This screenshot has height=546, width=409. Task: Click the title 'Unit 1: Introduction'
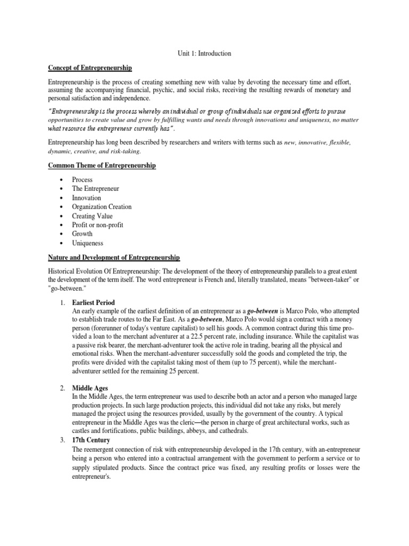pyautogui.click(x=204, y=53)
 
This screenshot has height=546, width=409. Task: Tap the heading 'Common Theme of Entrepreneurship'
pyautogui.click(x=102, y=166)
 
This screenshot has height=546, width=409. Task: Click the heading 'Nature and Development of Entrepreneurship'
pyautogui.click(x=114, y=258)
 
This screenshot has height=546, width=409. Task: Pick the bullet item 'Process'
pyautogui.click(x=83, y=180)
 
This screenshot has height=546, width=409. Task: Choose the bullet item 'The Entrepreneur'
pyautogui.click(x=95, y=189)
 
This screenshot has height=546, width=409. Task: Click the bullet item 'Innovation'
pyautogui.click(x=87, y=198)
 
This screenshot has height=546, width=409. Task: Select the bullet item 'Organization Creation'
pyautogui.click(x=102, y=207)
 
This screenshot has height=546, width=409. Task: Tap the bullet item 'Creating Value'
pyautogui.click(x=92, y=216)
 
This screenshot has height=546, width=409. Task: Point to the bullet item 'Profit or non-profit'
pyautogui.click(x=97, y=225)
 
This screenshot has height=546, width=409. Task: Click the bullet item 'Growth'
pyautogui.click(x=82, y=234)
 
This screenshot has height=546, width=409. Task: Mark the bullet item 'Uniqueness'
pyautogui.click(x=88, y=243)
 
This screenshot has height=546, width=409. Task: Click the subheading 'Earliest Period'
pyautogui.click(x=93, y=302)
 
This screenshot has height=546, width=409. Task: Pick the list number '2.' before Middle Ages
pyautogui.click(x=62, y=388)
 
